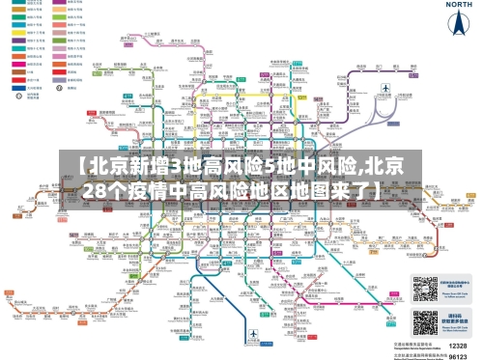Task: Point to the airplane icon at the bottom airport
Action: pyautogui.click(x=252, y=335)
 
